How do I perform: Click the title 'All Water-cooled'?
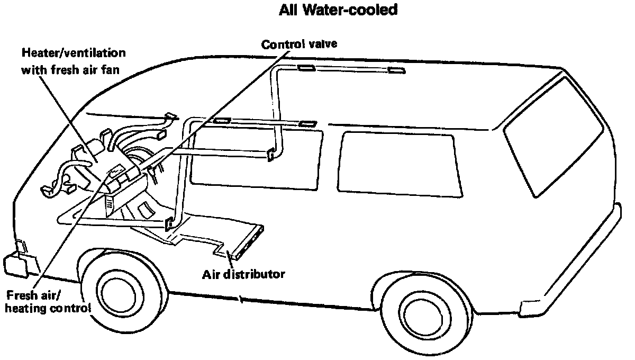click(338, 10)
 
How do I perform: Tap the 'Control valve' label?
click(299, 44)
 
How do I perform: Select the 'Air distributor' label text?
click(243, 274)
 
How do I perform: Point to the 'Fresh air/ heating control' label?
click(48, 301)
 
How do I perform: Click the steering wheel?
click(139, 159)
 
